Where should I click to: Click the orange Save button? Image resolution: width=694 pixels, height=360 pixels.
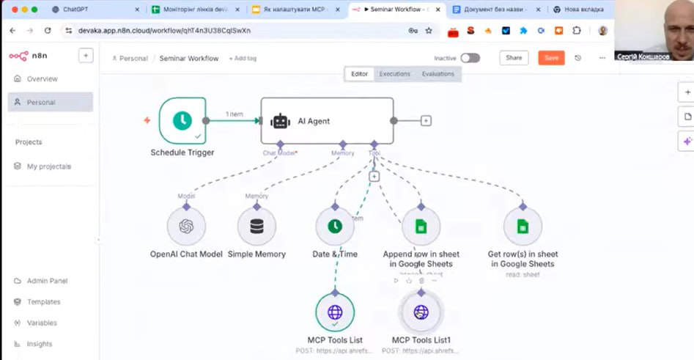pyautogui.click(x=551, y=58)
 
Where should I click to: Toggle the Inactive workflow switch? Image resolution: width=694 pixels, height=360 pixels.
pyautogui.click(x=470, y=58)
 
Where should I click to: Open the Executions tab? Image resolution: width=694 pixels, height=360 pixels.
pyautogui.click(x=394, y=74)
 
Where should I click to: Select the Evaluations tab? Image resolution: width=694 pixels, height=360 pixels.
pyautogui.click(x=438, y=74)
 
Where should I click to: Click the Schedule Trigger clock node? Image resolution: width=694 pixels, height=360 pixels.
pyautogui.click(x=182, y=120)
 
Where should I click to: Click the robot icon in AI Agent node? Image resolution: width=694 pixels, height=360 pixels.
pyautogui.click(x=280, y=121)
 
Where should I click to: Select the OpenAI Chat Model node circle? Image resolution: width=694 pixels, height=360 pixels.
pyautogui.click(x=186, y=226)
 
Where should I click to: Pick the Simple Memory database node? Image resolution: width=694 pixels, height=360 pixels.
pyautogui.click(x=256, y=226)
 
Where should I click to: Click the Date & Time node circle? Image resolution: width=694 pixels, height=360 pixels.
pyautogui.click(x=334, y=226)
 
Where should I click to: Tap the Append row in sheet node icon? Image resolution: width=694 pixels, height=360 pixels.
pyautogui.click(x=421, y=226)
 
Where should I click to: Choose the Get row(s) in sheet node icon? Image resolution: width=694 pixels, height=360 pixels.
pyautogui.click(x=523, y=226)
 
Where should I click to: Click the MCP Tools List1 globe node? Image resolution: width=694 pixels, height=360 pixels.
pyautogui.click(x=421, y=312)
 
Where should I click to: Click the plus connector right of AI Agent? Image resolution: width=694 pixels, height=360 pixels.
pyautogui.click(x=426, y=121)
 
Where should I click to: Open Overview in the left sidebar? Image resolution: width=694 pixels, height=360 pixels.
pyautogui.click(x=42, y=79)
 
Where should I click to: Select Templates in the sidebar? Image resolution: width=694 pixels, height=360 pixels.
pyautogui.click(x=43, y=302)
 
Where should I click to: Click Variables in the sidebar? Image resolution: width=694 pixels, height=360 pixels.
pyautogui.click(x=42, y=323)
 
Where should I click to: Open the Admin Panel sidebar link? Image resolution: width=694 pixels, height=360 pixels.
pyautogui.click(x=47, y=281)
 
